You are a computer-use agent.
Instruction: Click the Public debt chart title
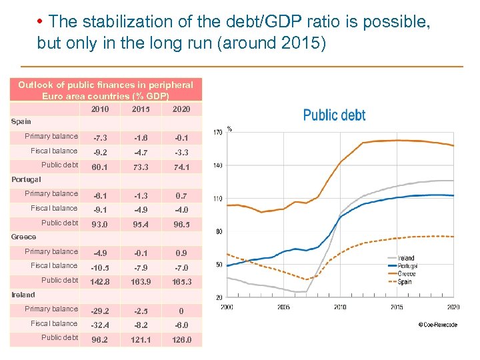coord(334,115)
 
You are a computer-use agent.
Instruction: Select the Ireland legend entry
coord(405,258)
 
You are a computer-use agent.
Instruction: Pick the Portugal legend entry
coord(407,266)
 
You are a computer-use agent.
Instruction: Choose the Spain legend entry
coord(404,282)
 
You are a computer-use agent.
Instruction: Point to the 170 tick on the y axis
coord(217,133)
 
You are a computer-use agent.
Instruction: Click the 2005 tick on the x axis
coord(283,307)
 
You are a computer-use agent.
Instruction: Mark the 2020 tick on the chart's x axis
coord(453,307)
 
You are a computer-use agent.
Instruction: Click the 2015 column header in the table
coord(141,109)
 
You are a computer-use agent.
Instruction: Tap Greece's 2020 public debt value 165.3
coord(181,282)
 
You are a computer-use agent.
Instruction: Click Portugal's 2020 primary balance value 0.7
coord(181,195)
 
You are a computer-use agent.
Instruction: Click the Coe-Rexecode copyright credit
coord(439,325)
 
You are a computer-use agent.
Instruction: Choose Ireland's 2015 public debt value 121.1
coord(141,339)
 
